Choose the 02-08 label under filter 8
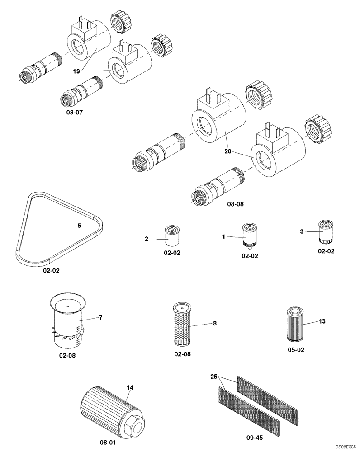183,354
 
